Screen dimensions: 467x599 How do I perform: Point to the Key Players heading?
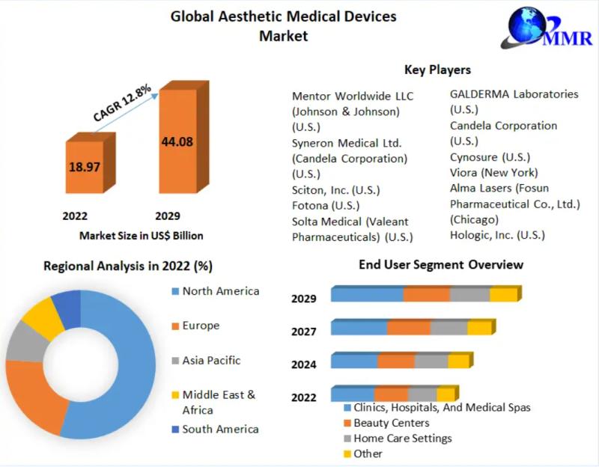437,70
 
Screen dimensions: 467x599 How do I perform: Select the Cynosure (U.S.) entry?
490,157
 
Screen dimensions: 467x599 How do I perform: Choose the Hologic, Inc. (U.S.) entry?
497,235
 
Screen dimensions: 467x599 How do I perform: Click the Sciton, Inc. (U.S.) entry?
336,189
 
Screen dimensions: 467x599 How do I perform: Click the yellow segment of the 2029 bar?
503,294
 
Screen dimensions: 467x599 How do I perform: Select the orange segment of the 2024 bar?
395,361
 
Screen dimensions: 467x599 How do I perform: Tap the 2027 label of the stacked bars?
304,332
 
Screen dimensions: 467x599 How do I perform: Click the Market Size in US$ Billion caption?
141,235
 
